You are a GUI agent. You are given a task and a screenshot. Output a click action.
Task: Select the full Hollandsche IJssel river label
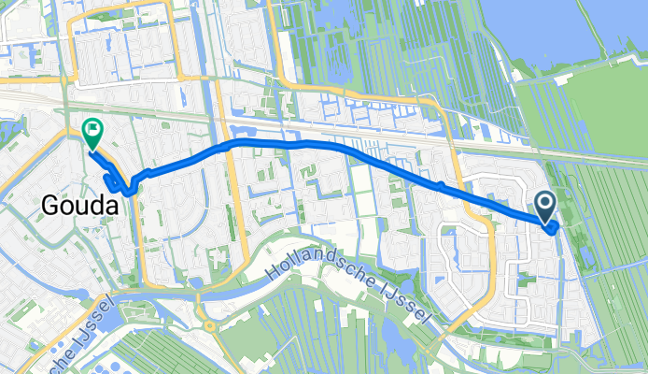tap(348, 284)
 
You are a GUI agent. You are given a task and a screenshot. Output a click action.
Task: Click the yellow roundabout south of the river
tap(209, 327)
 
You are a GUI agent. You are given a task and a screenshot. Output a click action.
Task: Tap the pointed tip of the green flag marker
tap(93, 151)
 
